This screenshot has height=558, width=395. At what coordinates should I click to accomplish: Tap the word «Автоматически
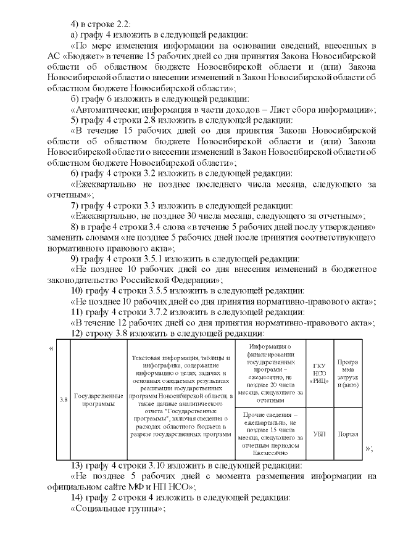104,110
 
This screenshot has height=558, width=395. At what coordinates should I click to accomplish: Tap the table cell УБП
320,433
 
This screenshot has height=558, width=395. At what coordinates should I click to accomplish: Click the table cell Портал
348,433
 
